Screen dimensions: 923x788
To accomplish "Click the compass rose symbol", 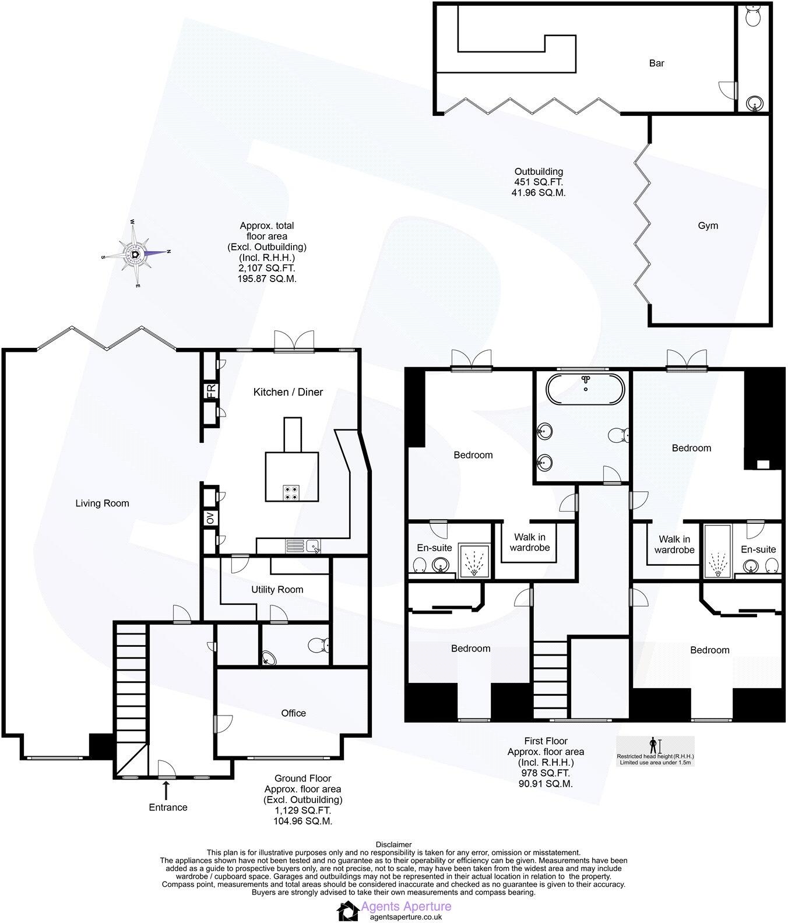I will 136,253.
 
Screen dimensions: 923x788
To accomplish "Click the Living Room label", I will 102,503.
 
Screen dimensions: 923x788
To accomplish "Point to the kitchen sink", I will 314,547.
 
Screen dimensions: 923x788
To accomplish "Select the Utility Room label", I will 277,590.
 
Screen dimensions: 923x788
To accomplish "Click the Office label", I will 293,713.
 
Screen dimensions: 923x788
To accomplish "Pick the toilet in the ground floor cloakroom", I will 319,645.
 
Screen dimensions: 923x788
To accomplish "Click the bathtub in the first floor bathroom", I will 585,386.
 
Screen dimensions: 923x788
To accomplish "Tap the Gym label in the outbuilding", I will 708,226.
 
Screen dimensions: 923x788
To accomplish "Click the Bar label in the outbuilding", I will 656,63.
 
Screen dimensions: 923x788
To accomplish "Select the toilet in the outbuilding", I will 752,16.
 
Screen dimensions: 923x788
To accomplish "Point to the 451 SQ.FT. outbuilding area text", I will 538,182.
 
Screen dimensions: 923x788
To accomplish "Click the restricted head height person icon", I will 653,745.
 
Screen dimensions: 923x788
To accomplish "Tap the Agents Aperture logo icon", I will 348,910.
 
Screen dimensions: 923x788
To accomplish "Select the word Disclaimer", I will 393,844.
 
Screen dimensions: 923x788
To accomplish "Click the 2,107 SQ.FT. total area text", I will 266,268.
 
